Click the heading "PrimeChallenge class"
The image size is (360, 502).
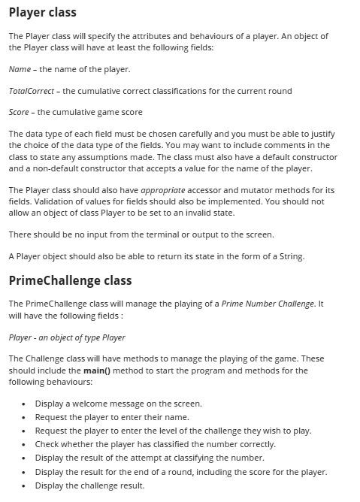[x=70, y=280]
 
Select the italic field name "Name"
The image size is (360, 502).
[x=20, y=69]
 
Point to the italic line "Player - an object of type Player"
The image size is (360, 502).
[x=67, y=337]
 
